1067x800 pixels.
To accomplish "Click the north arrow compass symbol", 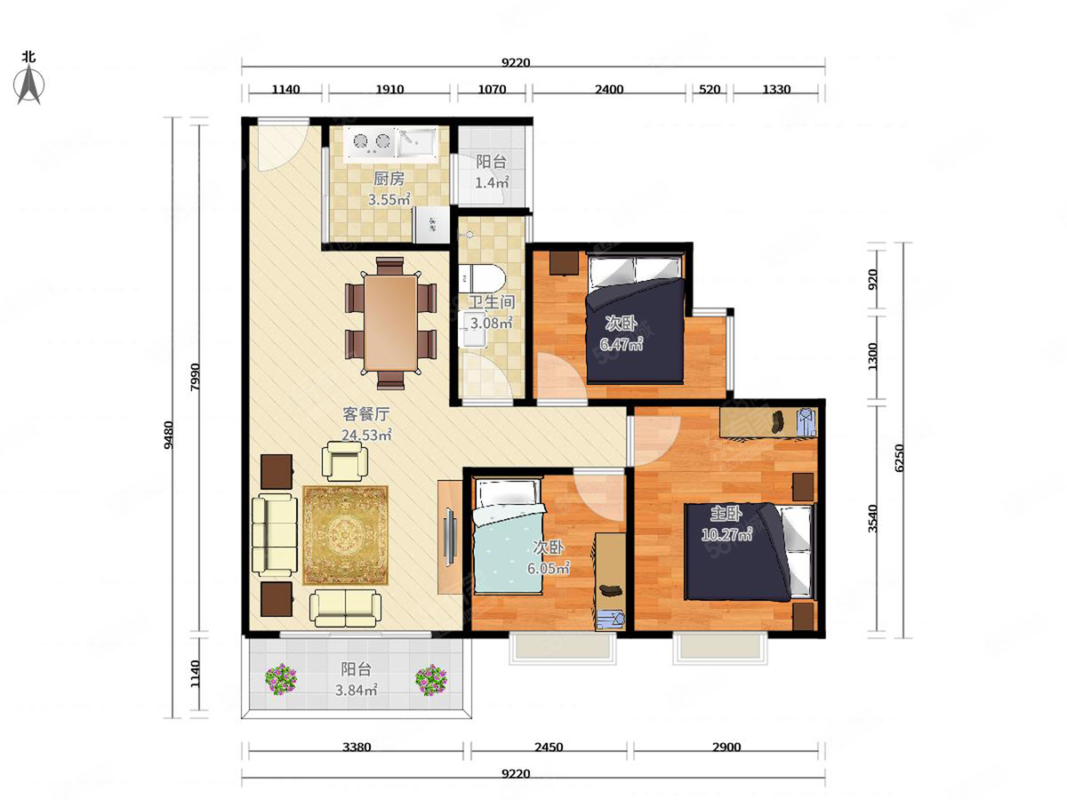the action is tap(29, 84).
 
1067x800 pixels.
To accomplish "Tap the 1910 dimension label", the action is tap(389, 90).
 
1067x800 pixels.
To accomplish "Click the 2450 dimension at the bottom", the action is tap(549, 747).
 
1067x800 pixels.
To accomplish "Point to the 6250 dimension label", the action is tap(899, 457).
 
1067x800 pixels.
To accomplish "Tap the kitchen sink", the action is tap(417, 143).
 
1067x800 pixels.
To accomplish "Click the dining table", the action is tap(391, 323).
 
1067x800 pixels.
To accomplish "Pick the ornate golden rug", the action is tap(346, 535).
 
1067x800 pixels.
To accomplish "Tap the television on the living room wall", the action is tap(450, 536).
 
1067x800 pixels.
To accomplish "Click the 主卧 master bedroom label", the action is tap(726, 514).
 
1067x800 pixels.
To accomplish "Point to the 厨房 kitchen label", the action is tap(389, 179).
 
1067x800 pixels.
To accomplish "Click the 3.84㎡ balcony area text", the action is tap(357, 691).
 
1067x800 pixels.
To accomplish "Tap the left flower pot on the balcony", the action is tap(281, 679).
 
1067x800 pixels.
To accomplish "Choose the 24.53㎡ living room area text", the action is tap(366, 436).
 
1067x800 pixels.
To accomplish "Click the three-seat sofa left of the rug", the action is tap(274, 535).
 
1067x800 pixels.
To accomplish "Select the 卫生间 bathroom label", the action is tap(491, 302).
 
